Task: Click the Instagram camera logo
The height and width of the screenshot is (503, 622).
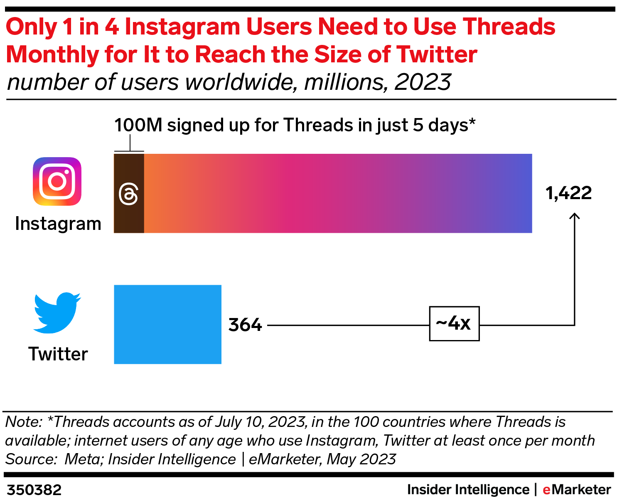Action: (x=57, y=181)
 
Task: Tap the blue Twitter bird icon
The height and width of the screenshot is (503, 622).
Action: (x=57, y=313)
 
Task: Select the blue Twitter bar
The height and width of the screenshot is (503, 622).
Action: (x=167, y=324)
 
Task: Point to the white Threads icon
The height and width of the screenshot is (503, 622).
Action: (x=128, y=195)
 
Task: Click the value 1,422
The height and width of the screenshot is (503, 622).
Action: (x=568, y=193)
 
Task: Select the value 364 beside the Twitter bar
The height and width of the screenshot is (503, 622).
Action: (x=245, y=325)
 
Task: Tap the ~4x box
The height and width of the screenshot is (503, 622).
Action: (x=454, y=323)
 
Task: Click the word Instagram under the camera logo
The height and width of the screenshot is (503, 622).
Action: (x=58, y=224)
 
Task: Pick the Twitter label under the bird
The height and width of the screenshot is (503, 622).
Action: (x=58, y=354)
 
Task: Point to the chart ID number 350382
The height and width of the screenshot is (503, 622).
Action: (x=34, y=490)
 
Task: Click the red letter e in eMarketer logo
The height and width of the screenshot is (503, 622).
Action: (x=546, y=490)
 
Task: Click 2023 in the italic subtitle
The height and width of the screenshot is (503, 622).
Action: (x=423, y=82)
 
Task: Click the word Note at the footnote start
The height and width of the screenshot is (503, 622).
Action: (x=23, y=422)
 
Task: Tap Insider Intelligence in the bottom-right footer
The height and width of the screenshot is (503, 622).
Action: (x=468, y=490)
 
